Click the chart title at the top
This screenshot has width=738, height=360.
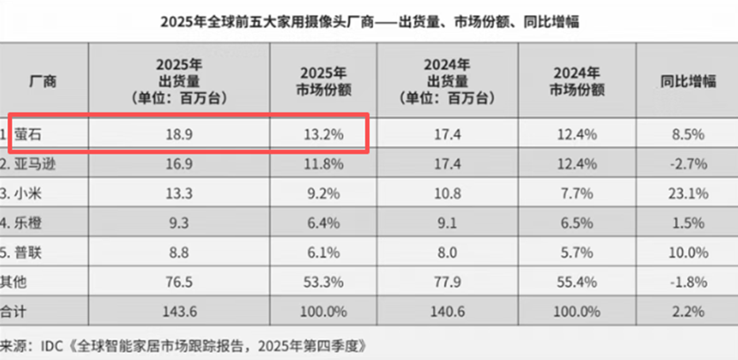point(369,20)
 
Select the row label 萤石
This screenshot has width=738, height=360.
point(34,133)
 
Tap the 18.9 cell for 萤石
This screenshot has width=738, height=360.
point(178,133)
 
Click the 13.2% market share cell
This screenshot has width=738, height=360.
point(317,133)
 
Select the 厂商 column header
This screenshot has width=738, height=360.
point(42,82)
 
